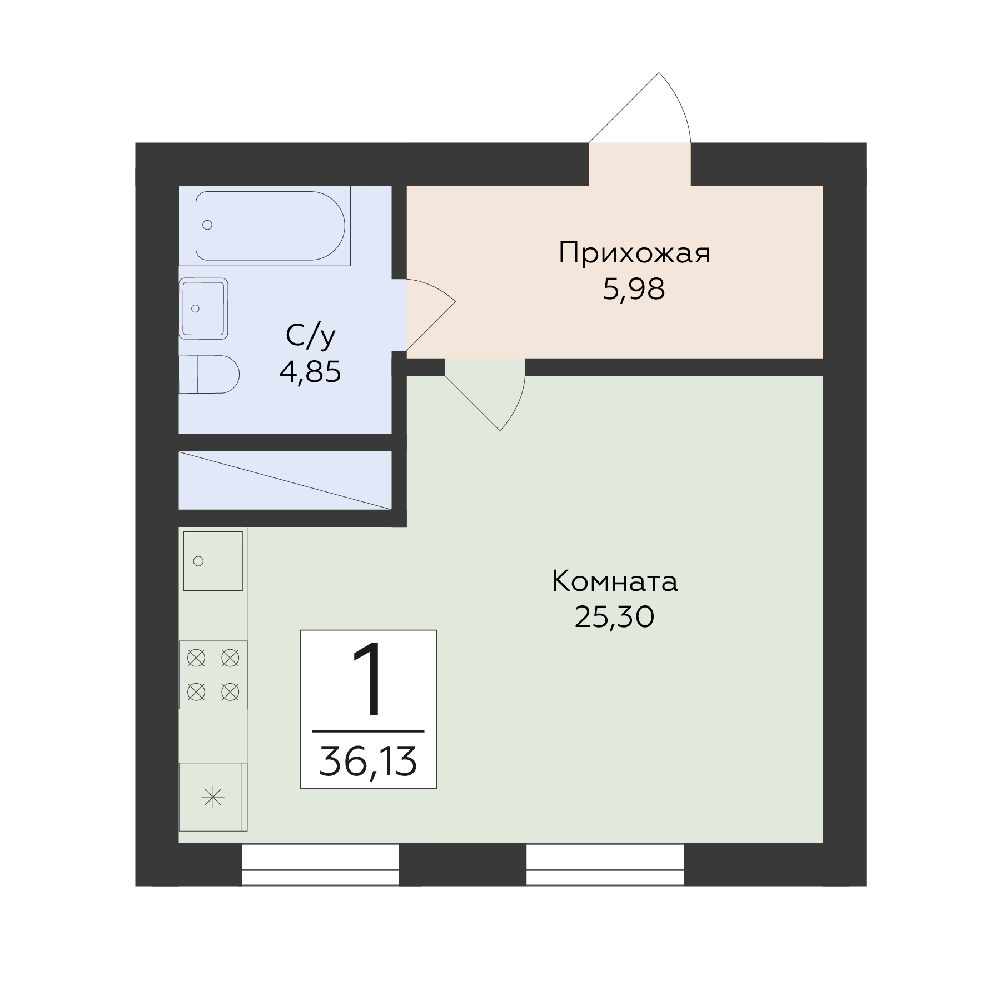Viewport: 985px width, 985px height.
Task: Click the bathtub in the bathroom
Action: tap(270, 226)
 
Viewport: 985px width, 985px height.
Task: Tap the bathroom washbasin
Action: tap(203, 309)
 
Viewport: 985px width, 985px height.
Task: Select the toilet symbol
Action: tap(209, 374)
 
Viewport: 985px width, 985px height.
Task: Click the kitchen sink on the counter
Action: tap(213, 561)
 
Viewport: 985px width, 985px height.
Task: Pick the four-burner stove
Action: tap(213, 675)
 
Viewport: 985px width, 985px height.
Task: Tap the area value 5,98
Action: tap(634, 289)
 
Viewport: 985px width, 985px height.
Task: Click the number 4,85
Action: tap(310, 372)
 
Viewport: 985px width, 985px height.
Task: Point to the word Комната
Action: tap(615, 582)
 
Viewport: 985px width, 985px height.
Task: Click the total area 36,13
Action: tap(368, 762)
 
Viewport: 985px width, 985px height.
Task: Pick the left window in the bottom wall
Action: tap(321, 865)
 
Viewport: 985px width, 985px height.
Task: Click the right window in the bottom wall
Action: tap(605, 865)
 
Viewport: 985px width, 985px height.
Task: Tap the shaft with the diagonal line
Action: tap(285, 480)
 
